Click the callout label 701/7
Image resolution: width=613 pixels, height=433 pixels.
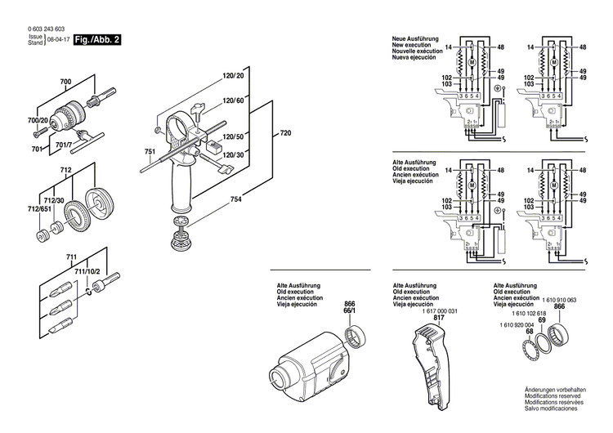(x=65, y=145)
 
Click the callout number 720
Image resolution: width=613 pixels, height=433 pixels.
(x=284, y=133)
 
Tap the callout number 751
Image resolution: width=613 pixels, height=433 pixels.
(x=150, y=153)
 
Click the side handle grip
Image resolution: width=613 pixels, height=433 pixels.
(x=184, y=189)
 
